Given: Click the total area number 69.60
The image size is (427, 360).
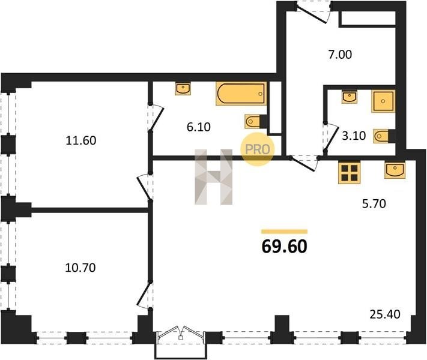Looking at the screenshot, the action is pos(284,247).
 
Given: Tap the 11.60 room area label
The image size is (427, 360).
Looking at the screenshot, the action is pos(81,140).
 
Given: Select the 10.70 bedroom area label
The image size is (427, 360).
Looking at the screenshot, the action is pos(80,268).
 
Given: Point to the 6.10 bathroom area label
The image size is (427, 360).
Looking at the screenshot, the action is pos(199,127).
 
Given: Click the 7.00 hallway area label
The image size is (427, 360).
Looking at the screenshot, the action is pos(340,55).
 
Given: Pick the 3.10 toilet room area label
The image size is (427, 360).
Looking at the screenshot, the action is pos(354,136).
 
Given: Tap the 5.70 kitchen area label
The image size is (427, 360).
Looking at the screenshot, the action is pos(374,203).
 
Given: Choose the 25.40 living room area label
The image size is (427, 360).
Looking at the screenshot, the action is pos(385,314).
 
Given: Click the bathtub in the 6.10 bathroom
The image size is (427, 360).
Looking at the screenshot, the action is pos(241,94).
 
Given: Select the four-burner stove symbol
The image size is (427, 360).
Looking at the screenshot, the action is pos(349,172).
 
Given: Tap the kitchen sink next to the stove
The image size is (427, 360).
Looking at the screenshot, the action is pos(395,170).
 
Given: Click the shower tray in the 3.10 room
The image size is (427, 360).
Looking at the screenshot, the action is pos(383,101).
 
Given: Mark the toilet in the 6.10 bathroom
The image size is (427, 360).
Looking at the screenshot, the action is pos(256,121).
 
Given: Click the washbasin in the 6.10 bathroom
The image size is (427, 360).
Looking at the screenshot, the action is pos(183,89).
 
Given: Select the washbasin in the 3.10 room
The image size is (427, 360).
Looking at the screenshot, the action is pos(350,97).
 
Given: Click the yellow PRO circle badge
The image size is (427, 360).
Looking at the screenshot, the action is pos(258,149).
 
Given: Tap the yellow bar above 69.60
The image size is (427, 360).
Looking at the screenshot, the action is pos(284,232).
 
